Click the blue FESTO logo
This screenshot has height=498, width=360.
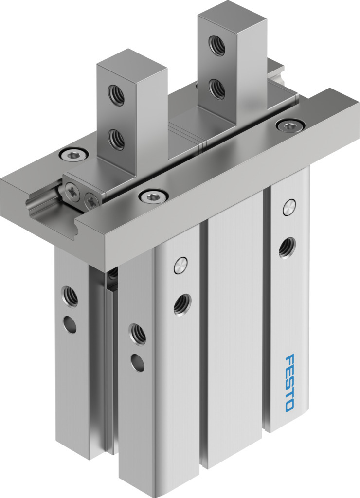[289, 383]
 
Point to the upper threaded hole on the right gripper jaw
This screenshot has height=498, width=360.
[217, 46]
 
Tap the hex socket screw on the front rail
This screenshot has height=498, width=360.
[153, 196]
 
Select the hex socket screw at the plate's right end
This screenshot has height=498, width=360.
[290, 125]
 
